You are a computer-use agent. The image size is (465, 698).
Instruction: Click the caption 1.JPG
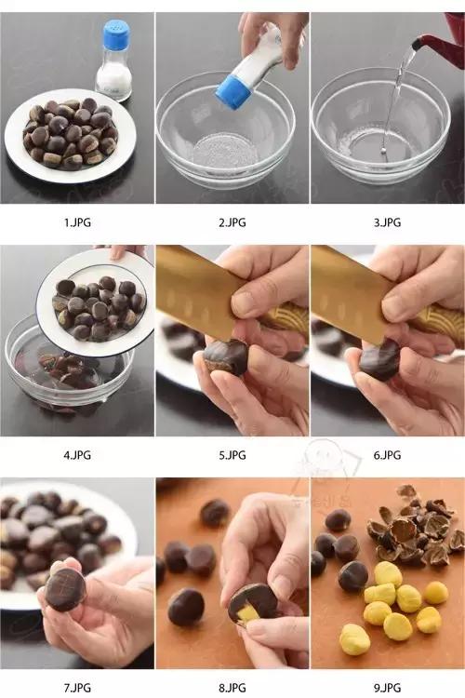coord(77,222)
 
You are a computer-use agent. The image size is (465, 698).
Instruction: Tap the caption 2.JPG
coord(232,222)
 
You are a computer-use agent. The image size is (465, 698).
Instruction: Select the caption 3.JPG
coord(387,222)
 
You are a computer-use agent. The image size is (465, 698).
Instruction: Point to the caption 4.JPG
coord(77,455)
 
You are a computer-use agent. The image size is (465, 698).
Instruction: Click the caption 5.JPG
coord(232,455)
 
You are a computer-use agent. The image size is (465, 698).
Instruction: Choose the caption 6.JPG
coord(387,455)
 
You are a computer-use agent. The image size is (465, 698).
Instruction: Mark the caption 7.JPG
coord(77,688)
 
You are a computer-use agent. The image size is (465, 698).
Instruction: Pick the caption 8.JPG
coord(232,688)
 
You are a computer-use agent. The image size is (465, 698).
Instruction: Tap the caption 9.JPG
coord(387,688)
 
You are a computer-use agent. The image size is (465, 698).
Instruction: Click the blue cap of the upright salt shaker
coord(116,36)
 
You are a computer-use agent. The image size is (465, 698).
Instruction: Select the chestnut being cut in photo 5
coord(225,356)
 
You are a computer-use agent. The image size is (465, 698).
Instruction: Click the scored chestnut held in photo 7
coord(65,589)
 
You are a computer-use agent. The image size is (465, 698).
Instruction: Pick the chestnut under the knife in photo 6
coord(379,358)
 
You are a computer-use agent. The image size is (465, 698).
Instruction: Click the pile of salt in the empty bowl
coord(225,149)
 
